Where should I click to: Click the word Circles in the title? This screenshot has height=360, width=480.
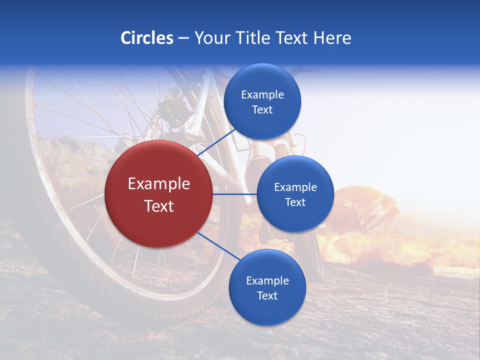[x=147, y=38]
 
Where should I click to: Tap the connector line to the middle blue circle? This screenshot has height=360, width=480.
[x=235, y=194]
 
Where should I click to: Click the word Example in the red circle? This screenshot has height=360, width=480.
[x=159, y=184]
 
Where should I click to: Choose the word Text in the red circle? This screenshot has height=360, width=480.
[x=159, y=206]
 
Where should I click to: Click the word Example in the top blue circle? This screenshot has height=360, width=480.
[x=262, y=95]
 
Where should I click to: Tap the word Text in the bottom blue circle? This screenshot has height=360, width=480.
[x=267, y=296]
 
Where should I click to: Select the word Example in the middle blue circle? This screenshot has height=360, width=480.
[x=295, y=187]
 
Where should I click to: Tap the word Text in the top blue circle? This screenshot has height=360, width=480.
[x=262, y=110]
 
